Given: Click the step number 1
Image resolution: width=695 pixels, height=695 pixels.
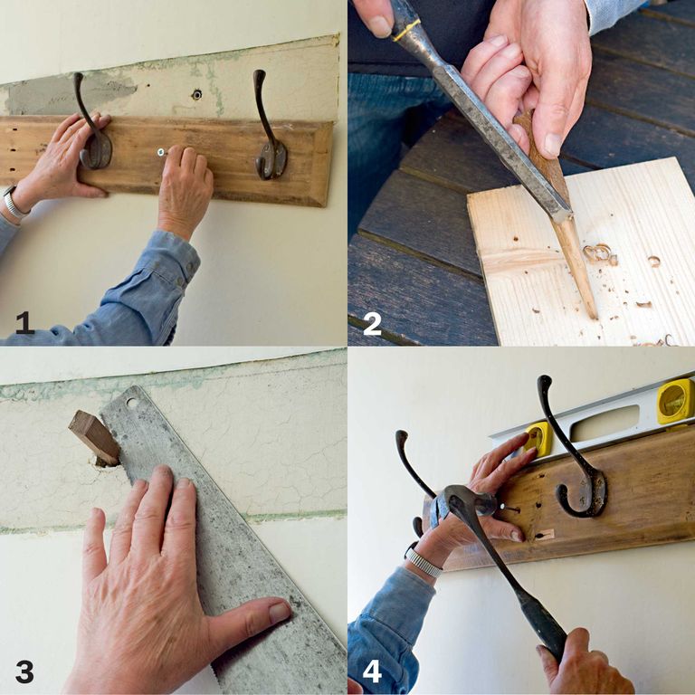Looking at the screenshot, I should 24,322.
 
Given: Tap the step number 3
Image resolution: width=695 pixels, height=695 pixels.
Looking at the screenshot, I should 24,671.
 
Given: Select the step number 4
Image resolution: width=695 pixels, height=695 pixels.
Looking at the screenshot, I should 372,671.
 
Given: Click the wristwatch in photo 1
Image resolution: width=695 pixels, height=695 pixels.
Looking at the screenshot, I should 14,204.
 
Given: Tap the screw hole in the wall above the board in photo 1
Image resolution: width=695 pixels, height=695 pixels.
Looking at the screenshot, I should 196,94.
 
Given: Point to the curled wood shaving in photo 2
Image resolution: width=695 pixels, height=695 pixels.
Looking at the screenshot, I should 600,253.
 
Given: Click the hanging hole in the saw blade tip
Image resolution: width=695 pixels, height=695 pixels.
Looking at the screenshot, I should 134,403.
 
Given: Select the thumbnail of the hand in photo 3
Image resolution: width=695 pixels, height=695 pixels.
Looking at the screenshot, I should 278,613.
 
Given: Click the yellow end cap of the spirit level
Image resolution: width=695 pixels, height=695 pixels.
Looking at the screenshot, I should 675,401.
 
